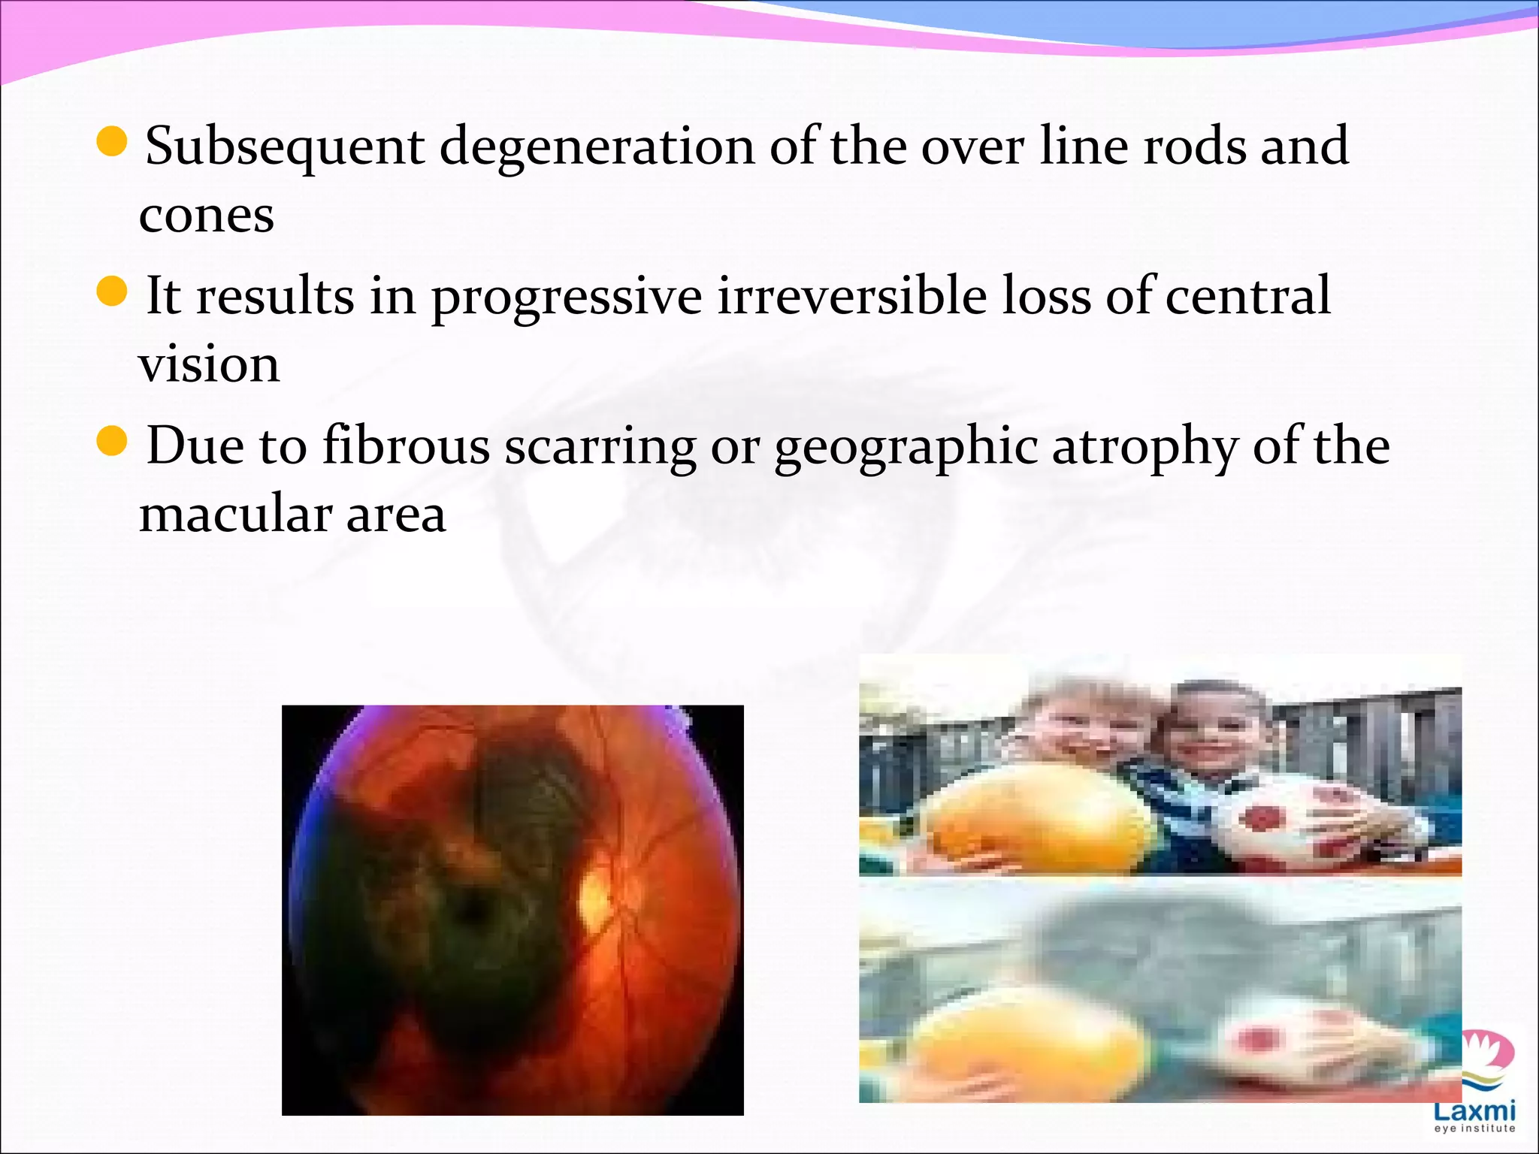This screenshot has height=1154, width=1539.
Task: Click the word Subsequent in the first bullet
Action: pos(285,147)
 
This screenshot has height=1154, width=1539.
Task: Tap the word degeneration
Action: pos(597,147)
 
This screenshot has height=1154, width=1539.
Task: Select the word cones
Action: pos(207,216)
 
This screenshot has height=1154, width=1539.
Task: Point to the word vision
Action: pos(209,364)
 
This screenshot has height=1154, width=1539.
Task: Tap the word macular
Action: pos(235,515)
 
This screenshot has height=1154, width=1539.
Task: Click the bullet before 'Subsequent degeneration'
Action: pos(113,141)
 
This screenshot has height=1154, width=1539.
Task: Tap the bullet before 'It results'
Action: pos(113,292)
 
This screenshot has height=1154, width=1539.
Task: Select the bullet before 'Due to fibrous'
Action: pos(113,442)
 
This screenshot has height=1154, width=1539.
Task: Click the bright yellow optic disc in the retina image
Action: pos(595,897)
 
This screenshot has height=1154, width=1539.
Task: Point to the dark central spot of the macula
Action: pos(472,911)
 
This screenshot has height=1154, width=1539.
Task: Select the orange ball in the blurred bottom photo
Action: pos(1030,1041)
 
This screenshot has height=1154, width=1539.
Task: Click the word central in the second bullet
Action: pos(1248,296)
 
